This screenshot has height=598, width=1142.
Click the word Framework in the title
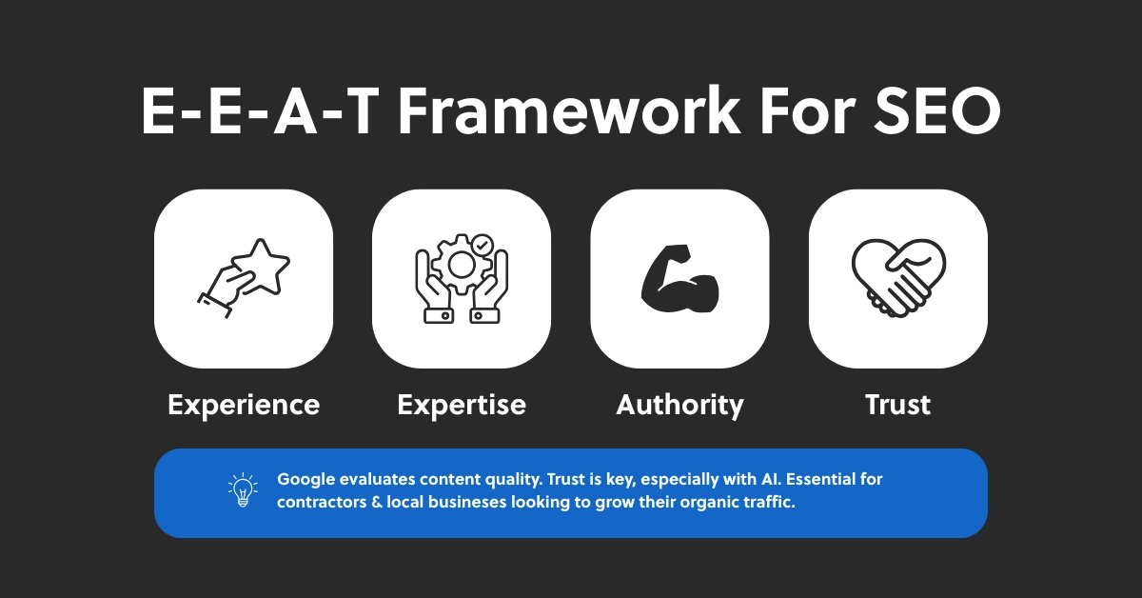568,111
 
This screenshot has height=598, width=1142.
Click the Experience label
244,405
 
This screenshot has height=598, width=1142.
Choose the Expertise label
462,405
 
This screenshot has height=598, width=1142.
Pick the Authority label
679,405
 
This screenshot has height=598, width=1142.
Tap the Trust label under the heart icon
897,405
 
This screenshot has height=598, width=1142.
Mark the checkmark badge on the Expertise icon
482,245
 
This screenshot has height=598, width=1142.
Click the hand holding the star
221,286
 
